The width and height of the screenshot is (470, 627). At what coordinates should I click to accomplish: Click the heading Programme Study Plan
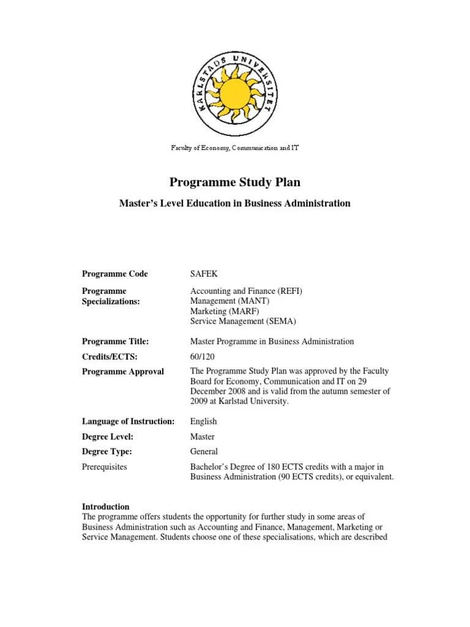tap(235, 182)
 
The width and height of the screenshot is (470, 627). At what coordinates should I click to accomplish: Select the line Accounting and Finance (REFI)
tap(247, 291)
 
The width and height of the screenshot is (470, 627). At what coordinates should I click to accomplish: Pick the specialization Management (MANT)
tap(229, 301)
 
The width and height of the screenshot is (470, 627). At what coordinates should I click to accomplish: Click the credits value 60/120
tap(203, 356)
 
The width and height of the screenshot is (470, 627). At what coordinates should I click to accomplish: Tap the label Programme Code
tap(115, 274)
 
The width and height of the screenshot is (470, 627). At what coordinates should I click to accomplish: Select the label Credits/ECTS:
tap(110, 356)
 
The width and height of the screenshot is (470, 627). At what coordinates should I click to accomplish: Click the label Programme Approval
tap(123, 372)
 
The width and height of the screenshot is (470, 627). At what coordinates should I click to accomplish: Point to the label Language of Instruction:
tap(129, 421)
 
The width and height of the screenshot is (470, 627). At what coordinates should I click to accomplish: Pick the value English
tap(204, 421)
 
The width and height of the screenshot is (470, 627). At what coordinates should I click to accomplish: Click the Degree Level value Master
tap(203, 437)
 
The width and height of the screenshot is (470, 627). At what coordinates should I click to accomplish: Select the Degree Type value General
tap(204, 452)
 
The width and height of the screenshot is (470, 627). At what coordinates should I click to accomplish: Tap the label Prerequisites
tap(105, 467)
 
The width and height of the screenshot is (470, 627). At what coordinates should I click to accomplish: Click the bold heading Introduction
tap(106, 507)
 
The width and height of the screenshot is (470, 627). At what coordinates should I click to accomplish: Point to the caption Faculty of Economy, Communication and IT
tap(234, 148)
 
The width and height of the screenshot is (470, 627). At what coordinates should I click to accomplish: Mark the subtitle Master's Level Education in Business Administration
tap(234, 203)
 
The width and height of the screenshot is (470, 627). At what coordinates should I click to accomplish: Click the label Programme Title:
tap(116, 341)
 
